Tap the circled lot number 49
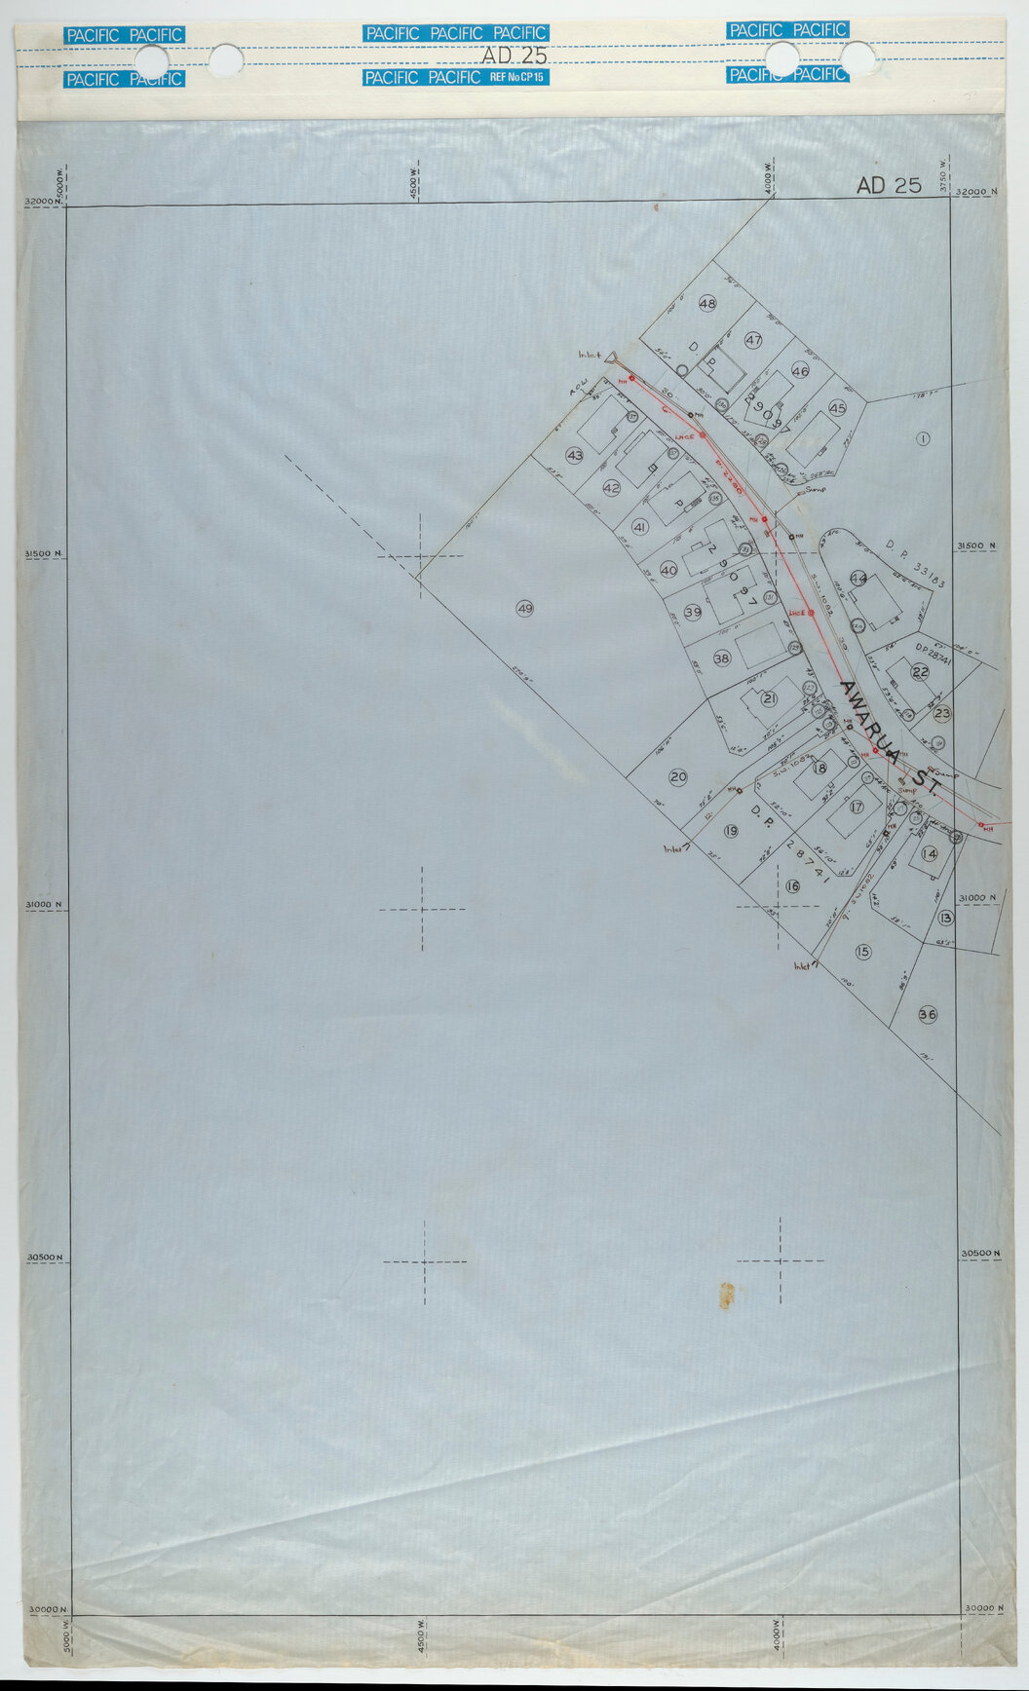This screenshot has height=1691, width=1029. point(524,609)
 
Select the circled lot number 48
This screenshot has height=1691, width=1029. point(707,304)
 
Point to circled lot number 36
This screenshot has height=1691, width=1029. point(927,1015)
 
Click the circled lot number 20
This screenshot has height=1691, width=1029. point(678,776)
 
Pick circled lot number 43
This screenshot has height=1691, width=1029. point(575,455)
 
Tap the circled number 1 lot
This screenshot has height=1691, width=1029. point(922,438)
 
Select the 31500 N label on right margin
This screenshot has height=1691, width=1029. point(977,546)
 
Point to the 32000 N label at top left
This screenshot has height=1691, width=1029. point(42,201)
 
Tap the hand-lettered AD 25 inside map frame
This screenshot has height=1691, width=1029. point(888,185)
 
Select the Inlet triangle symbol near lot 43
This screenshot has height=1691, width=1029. point(612,358)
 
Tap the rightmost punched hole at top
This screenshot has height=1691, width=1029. point(857,59)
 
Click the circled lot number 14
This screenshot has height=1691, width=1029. point(929,854)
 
